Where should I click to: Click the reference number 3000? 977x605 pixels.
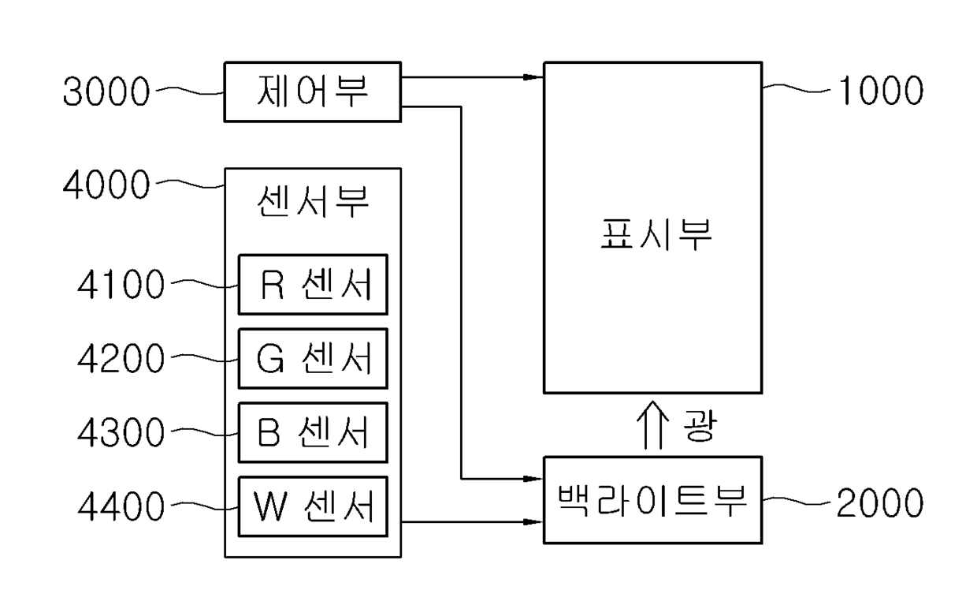tap(106, 91)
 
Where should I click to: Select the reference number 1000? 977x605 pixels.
tap(881, 91)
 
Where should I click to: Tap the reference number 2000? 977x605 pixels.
tap(880, 503)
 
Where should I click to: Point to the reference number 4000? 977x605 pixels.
tap(106, 185)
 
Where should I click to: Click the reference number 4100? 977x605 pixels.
tap(121, 284)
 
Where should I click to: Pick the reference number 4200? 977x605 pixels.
tap(121, 358)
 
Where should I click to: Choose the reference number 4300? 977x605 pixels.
tap(121, 432)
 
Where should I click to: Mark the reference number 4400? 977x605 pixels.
tap(121, 506)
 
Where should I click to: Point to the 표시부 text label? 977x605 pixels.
tap(656, 235)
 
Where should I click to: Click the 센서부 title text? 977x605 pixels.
tap(313, 201)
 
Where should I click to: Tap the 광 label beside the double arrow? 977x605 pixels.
tap(700, 426)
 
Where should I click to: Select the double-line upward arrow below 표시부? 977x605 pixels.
tap(653, 424)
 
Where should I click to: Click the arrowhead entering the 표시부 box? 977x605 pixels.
tap(533, 77)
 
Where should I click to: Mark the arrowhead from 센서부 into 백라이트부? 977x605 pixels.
tap(533, 521)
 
